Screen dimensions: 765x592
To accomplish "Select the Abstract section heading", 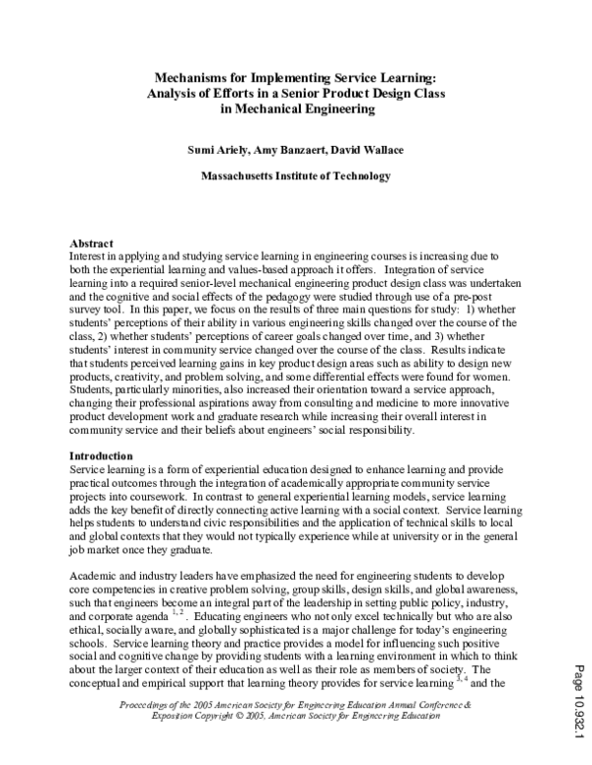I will click(92, 243).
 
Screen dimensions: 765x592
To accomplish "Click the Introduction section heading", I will click(102, 455).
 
